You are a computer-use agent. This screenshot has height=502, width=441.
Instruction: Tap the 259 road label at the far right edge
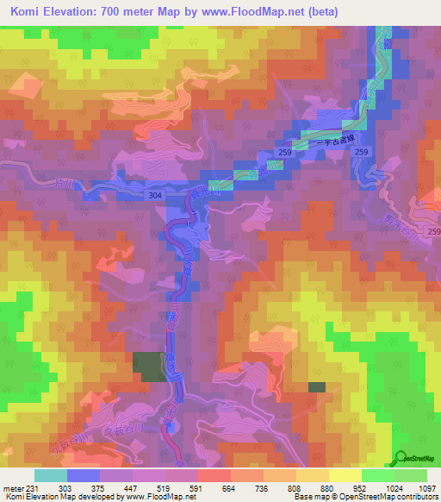pyautogui.click(x=433, y=233)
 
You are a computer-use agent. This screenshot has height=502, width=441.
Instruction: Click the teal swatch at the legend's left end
pyautogui.click(x=50, y=474)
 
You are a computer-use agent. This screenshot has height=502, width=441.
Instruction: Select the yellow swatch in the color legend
pyautogui.click(x=345, y=474)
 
